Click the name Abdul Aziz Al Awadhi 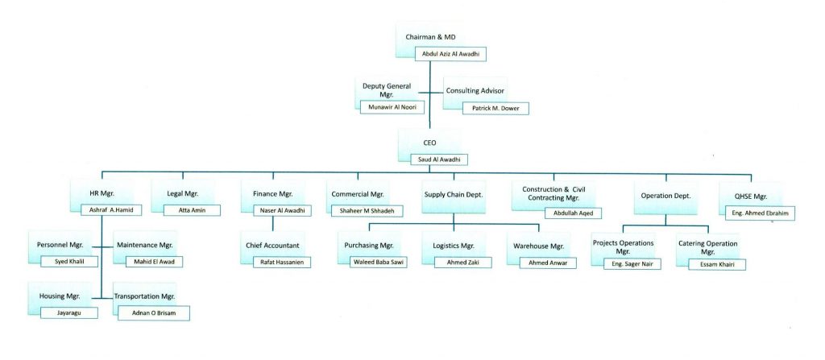click(451, 55)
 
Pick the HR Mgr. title click(103, 194)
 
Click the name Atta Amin click(187, 210)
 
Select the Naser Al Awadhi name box click(276, 210)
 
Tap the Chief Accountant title click(272, 244)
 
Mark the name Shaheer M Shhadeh click(367, 211)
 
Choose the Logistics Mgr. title click(454, 244)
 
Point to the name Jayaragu click(69, 312)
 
